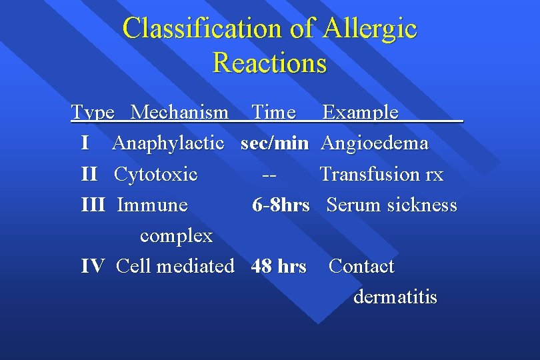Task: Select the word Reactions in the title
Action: click(x=270, y=63)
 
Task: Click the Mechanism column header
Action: click(x=179, y=112)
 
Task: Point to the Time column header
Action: click(x=273, y=112)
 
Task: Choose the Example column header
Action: click(x=360, y=112)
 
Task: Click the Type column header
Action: click(x=93, y=112)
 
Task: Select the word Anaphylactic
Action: click(x=168, y=143)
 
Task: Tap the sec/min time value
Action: click(x=275, y=143)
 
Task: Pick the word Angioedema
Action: click(x=375, y=143)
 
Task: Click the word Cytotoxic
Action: click(x=155, y=175)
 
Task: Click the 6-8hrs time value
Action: click(x=281, y=205)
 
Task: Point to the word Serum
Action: click(x=351, y=205)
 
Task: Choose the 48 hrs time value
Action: click(x=279, y=267)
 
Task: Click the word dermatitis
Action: click(x=395, y=297)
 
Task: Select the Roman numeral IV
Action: click(x=93, y=267)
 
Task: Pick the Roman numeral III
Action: click(x=93, y=205)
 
